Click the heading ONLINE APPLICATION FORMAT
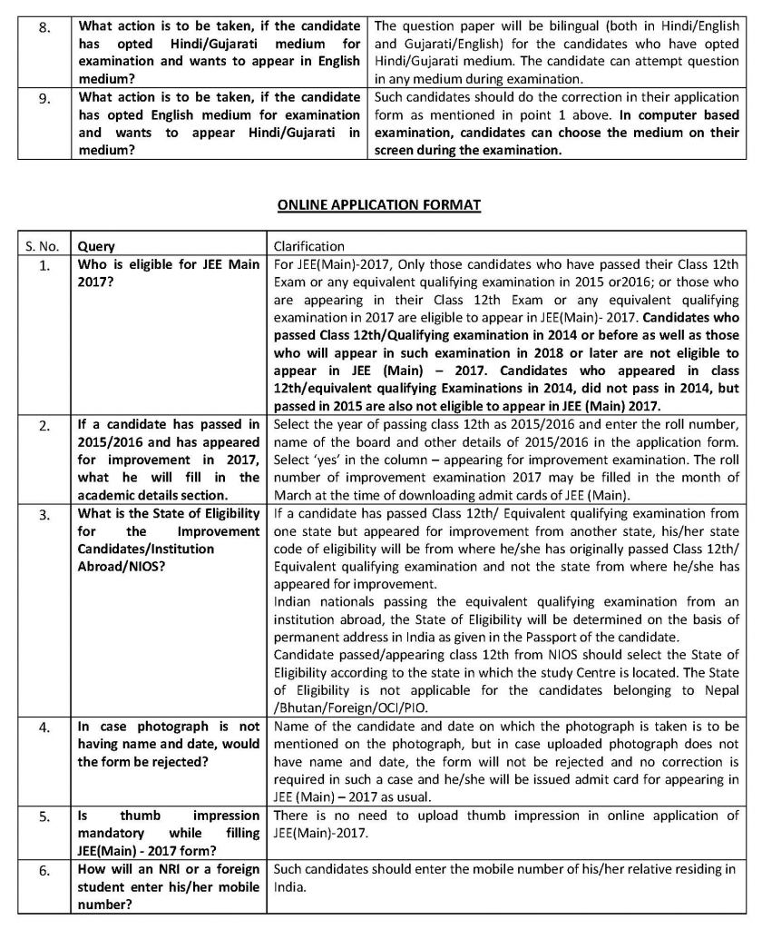[378, 205]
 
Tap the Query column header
[96, 246]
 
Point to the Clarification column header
[309, 246]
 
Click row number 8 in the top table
[44, 27]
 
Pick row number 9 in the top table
[44, 98]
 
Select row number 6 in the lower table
[44, 870]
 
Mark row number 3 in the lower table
[44, 516]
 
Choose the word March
[293, 494]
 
